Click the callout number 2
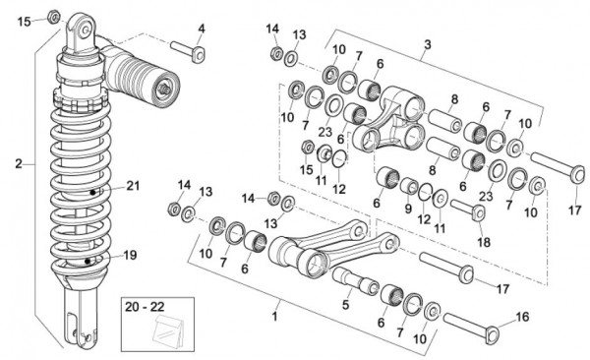click(19, 164)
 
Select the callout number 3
click(428, 44)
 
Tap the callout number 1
click(274, 316)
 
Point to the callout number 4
click(202, 29)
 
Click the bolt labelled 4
click(188, 51)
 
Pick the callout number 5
click(346, 304)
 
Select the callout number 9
click(409, 209)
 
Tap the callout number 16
click(522, 317)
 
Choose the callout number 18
click(484, 242)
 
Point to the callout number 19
click(130, 256)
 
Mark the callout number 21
click(133, 186)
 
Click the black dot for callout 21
click(92, 192)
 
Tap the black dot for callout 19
click(88, 261)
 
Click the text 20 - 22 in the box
click(145, 307)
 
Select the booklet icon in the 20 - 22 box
click(168, 330)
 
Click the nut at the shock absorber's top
click(54, 17)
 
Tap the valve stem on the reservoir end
click(163, 89)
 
